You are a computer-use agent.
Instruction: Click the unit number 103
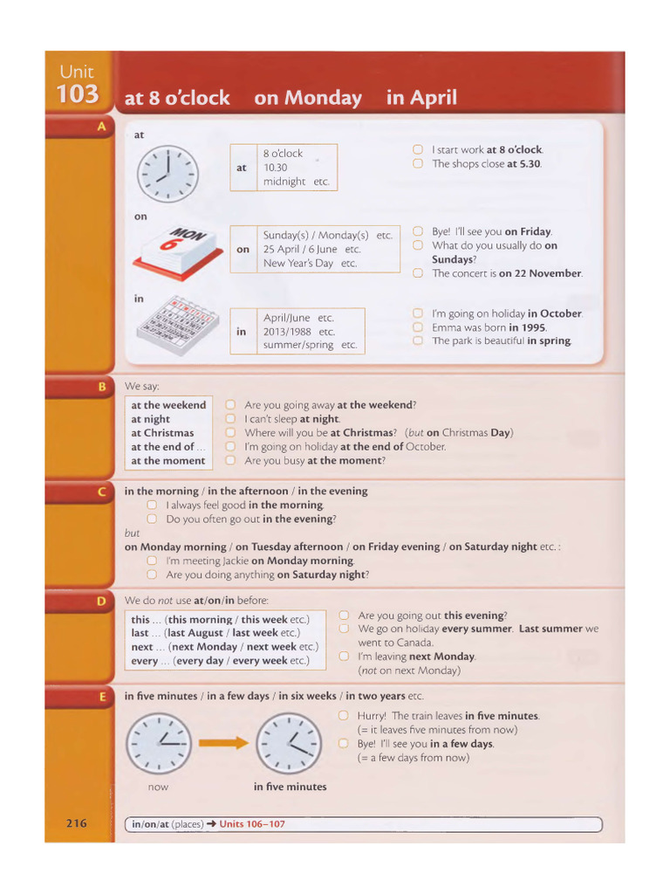79,94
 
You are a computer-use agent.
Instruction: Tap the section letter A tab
101,127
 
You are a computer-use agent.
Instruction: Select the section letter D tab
101,601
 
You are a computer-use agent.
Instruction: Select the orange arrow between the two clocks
222,743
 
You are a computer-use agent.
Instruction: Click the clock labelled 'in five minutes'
291,743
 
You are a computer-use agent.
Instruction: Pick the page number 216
77,823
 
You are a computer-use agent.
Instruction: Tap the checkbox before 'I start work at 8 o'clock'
418,150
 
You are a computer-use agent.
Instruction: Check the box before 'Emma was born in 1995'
418,327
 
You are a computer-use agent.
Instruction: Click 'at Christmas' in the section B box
162,433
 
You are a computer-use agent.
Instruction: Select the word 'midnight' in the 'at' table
284,182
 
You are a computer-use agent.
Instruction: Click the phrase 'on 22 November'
540,273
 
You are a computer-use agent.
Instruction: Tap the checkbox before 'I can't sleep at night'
230,419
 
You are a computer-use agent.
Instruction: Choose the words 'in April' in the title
421,98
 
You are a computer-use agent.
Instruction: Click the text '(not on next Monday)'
409,670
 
